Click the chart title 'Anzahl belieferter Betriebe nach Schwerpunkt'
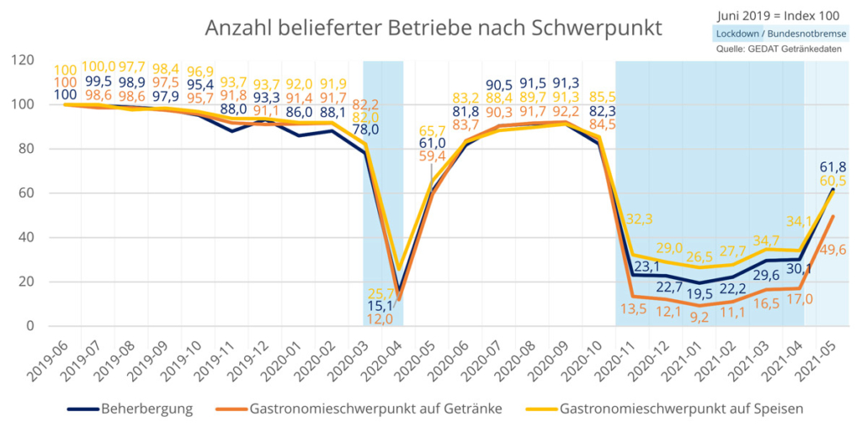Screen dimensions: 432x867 tap(433, 28)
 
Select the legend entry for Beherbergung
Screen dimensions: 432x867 tap(146, 409)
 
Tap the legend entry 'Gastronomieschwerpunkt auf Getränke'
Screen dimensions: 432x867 tap(375, 409)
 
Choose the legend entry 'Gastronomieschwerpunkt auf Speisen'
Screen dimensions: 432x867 tap(681, 409)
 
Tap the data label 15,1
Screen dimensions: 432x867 tap(380, 306)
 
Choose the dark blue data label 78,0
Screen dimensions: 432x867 tap(364, 131)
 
